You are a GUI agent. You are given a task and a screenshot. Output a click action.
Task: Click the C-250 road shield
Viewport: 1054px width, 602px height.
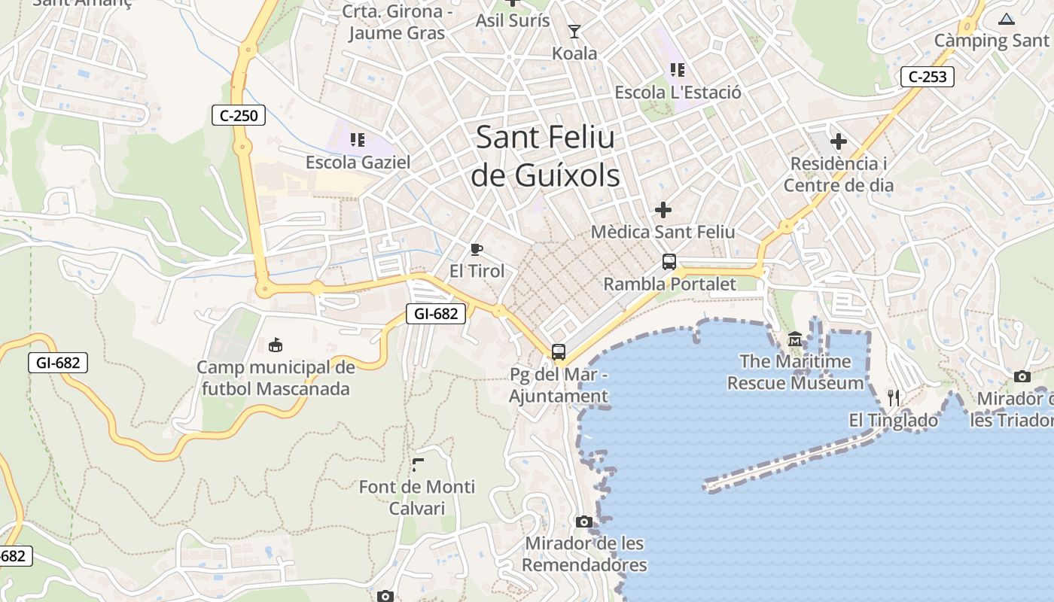pyautogui.click(x=239, y=115)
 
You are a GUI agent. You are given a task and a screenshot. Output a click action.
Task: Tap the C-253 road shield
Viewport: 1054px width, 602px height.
pyautogui.click(x=928, y=76)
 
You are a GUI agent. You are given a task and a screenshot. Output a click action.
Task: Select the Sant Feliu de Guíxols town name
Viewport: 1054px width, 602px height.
pyautogui.click(x=546, y=157)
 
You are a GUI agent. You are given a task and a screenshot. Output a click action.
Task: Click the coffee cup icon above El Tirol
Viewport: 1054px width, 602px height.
pyautogui.click(x=476, y=249)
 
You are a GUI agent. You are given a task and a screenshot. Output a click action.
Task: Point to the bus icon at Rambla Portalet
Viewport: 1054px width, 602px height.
pyautogui.click(x=669, y=262)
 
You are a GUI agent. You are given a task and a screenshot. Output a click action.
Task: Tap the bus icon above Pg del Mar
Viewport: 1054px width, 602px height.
pyautogui.click(x=558, y=351)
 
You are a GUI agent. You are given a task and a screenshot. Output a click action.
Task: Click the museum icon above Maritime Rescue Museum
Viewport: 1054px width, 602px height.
pyautogui.click(x=795, y=339)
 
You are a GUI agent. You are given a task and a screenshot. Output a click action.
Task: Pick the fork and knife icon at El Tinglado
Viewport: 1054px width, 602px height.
pyautogui.click(x=894, y=397)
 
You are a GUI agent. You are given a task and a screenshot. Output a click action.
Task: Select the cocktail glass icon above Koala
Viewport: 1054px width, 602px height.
pyautogui.click(x=574, y=32)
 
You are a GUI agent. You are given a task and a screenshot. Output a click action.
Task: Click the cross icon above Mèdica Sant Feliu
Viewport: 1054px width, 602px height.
pyautogui.click(x=663, y=209)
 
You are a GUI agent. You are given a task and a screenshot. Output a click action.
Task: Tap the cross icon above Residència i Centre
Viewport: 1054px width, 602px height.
pyautogui.click(x=838, y=141)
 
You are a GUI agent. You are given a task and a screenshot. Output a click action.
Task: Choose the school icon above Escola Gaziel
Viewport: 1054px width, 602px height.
pyautogui.click(x=358, y=139)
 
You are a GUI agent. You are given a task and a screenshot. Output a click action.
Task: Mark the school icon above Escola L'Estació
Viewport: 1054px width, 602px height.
pyautogui.click(x=678, y=70)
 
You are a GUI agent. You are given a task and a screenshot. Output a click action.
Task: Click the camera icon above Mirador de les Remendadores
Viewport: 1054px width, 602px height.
pyautogui.click(x=583, y=521)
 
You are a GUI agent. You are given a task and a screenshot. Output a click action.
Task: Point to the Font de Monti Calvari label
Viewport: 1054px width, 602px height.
pyautogui.click(x=417, y=497)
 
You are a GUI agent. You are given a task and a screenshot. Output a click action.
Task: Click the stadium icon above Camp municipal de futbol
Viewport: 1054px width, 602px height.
pyautogui.click(x=276, y=345)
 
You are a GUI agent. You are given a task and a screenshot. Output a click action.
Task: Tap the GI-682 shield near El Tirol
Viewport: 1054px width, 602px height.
pyautogui.click(x=436, y=314)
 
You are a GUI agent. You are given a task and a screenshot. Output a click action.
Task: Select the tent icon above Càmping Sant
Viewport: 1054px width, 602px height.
pyautogui.click(x=1007, y=19)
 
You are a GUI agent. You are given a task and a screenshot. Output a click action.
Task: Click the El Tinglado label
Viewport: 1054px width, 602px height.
pyautogui.click(x=894, y=421)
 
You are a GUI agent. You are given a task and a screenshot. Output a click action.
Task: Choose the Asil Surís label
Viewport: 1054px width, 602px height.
pyautogui.click(x=513, y=20)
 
